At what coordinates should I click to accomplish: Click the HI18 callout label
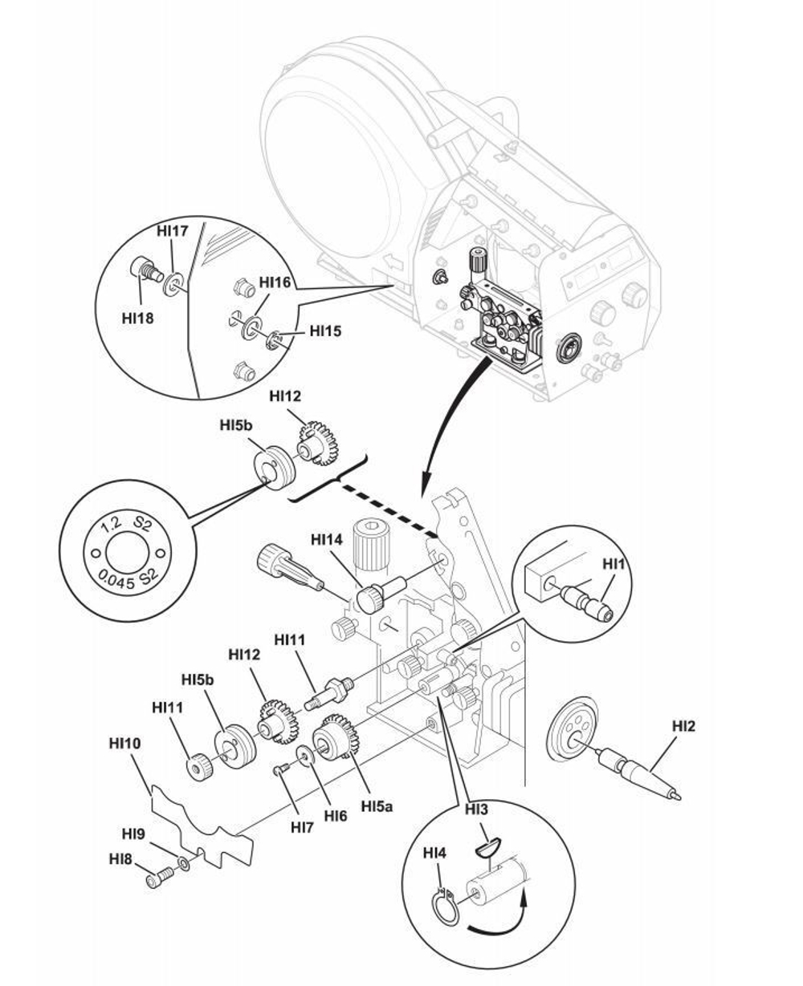pos(137,318)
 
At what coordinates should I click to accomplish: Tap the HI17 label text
pos(172,231)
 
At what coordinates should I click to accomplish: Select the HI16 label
pos(275,282)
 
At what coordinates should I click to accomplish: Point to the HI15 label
pos(324,330)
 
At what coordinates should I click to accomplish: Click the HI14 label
pos(327,540)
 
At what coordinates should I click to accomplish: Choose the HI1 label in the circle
pos(613,564)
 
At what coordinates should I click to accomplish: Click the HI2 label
pos(683,726)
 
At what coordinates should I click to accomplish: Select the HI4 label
pos(434,851)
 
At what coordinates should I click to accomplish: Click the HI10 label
pos(124,744)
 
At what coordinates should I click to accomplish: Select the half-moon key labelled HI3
pos(487,842)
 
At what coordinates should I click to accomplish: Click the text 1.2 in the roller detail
pos(111,525)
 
